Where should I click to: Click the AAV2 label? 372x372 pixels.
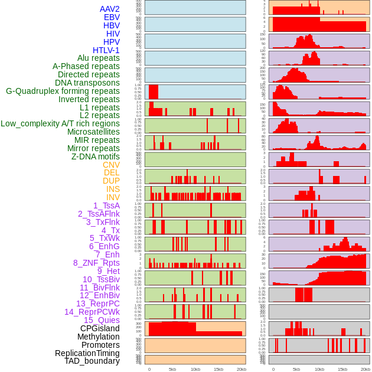(109, 9)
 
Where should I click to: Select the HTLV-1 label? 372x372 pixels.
(106, 50)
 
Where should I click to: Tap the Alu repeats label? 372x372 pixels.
(99, 58)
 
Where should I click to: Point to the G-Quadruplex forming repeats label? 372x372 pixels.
(63, 91)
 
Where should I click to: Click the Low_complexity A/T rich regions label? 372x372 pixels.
(60, 123)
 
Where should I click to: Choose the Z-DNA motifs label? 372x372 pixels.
(96, 156)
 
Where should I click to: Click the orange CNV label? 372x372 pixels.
(111, 165)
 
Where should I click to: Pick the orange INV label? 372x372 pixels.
(113, 197)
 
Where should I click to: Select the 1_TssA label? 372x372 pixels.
(106, 205)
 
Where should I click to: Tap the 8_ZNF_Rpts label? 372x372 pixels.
(96, 263)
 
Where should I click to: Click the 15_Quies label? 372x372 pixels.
(102, 320)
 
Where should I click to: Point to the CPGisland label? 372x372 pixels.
(100, 328)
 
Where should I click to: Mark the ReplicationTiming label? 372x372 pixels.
(87, 353)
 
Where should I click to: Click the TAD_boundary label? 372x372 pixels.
(92, 361)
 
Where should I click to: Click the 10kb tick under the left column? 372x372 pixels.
(195, 369)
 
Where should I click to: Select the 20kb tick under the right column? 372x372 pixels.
(366, 369)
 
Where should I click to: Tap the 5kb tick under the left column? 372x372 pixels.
(172, 369)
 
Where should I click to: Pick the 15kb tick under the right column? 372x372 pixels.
(342, 369)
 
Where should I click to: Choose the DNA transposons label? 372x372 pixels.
(87, 83)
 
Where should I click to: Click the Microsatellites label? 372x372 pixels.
(93, 132)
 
